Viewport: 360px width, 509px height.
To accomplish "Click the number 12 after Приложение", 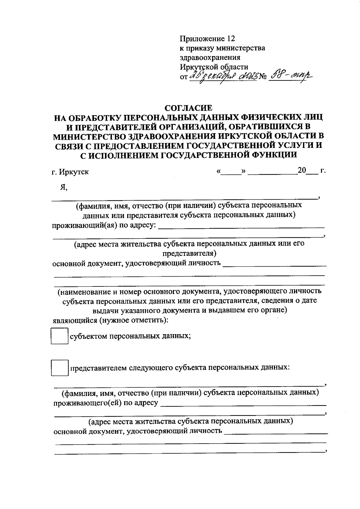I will (x=230, y=39).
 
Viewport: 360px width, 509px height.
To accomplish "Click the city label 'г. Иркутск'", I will (x=70, y=172).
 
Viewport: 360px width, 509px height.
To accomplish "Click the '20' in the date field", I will (x=302, y=171).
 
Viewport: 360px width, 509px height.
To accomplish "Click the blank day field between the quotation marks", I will (x=231, y=172).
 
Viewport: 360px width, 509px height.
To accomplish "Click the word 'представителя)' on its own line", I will (x=189, y=253).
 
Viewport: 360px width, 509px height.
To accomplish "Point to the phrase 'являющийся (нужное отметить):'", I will (x=110, y=320).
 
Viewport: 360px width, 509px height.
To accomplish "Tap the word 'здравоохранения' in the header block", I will (x=210, y=57).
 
